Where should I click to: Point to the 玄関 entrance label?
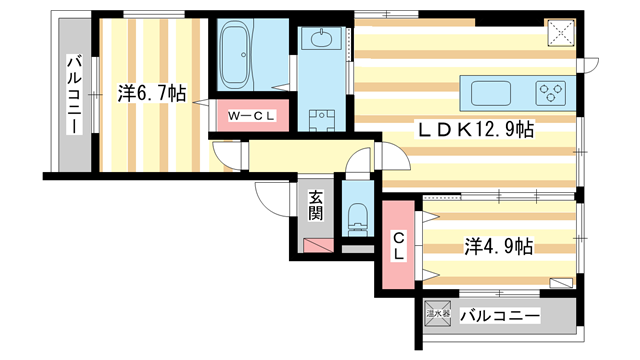click(x=315, y=206)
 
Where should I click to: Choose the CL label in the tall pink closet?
click(x=398, y=246)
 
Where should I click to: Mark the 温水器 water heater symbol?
click(x=436, y=317)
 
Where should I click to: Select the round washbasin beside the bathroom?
click(x=323, y=41)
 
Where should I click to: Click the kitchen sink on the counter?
click(x=493, y=93)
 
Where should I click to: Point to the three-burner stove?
click(x=551, y=93)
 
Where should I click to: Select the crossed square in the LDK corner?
click(x=561, y=31)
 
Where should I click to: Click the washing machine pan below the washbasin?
click(x=322, y=123)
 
